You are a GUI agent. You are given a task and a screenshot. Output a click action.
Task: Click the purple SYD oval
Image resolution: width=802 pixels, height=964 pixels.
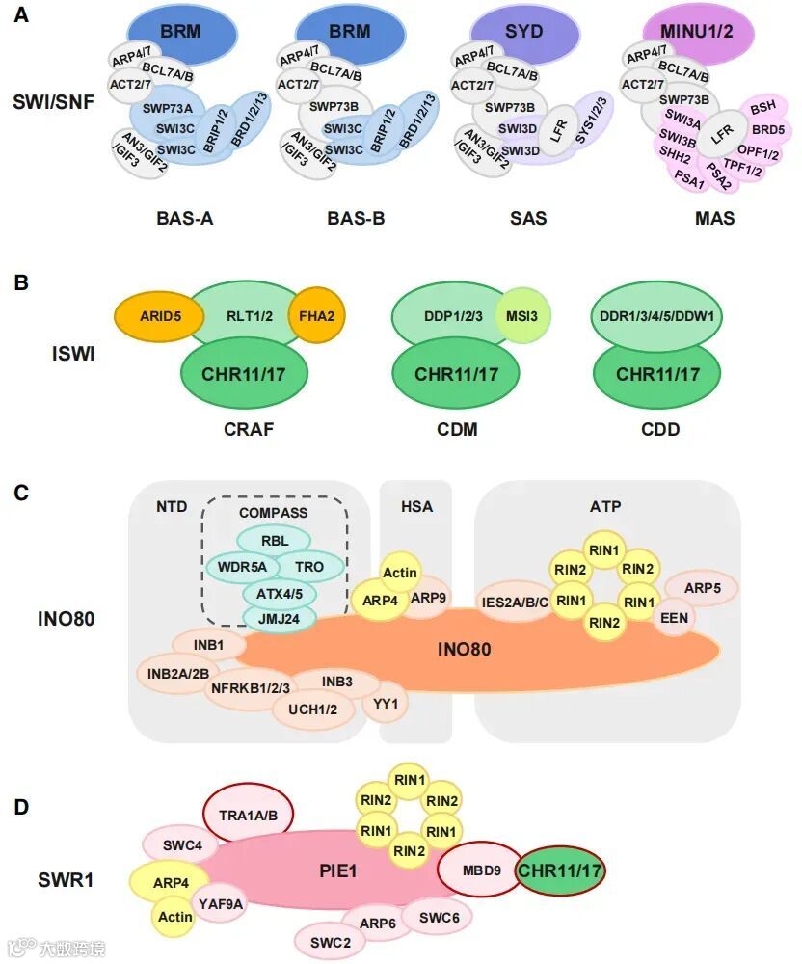pyautogui.click(x=523, y=32)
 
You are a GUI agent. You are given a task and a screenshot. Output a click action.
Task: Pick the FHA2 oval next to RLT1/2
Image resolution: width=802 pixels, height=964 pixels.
pyautogui.click(x=314, y=313)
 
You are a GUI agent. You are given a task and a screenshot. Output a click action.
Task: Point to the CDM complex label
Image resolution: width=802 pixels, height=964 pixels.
pyautogui.click(x=458, y=429)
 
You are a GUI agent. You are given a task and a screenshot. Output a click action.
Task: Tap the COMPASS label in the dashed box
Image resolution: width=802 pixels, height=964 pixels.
pyautogui.click(x=273, y=513)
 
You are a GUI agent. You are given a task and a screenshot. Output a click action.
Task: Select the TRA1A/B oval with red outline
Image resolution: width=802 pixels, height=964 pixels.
pyautogui.click(x=248, y=816)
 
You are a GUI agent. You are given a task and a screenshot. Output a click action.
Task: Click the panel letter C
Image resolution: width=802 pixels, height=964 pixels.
pyautogui.click(x=21, y=493)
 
